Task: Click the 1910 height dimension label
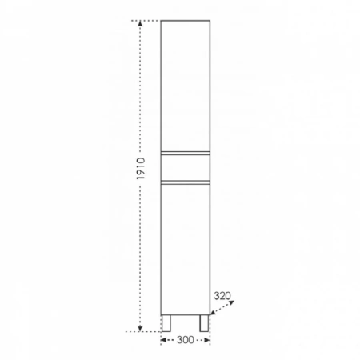coord(141,169)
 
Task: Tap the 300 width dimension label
coord(186,340)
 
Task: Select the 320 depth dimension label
coord(222,295)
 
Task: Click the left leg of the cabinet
coord(166,323)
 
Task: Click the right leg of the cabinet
coord(204,323)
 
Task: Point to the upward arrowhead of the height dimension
coord(140,23)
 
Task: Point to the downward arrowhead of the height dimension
coord(140,329)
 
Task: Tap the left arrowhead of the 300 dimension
coord(163,340)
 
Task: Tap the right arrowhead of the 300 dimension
coord(207,340)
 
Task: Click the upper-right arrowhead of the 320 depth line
coord(231,302)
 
